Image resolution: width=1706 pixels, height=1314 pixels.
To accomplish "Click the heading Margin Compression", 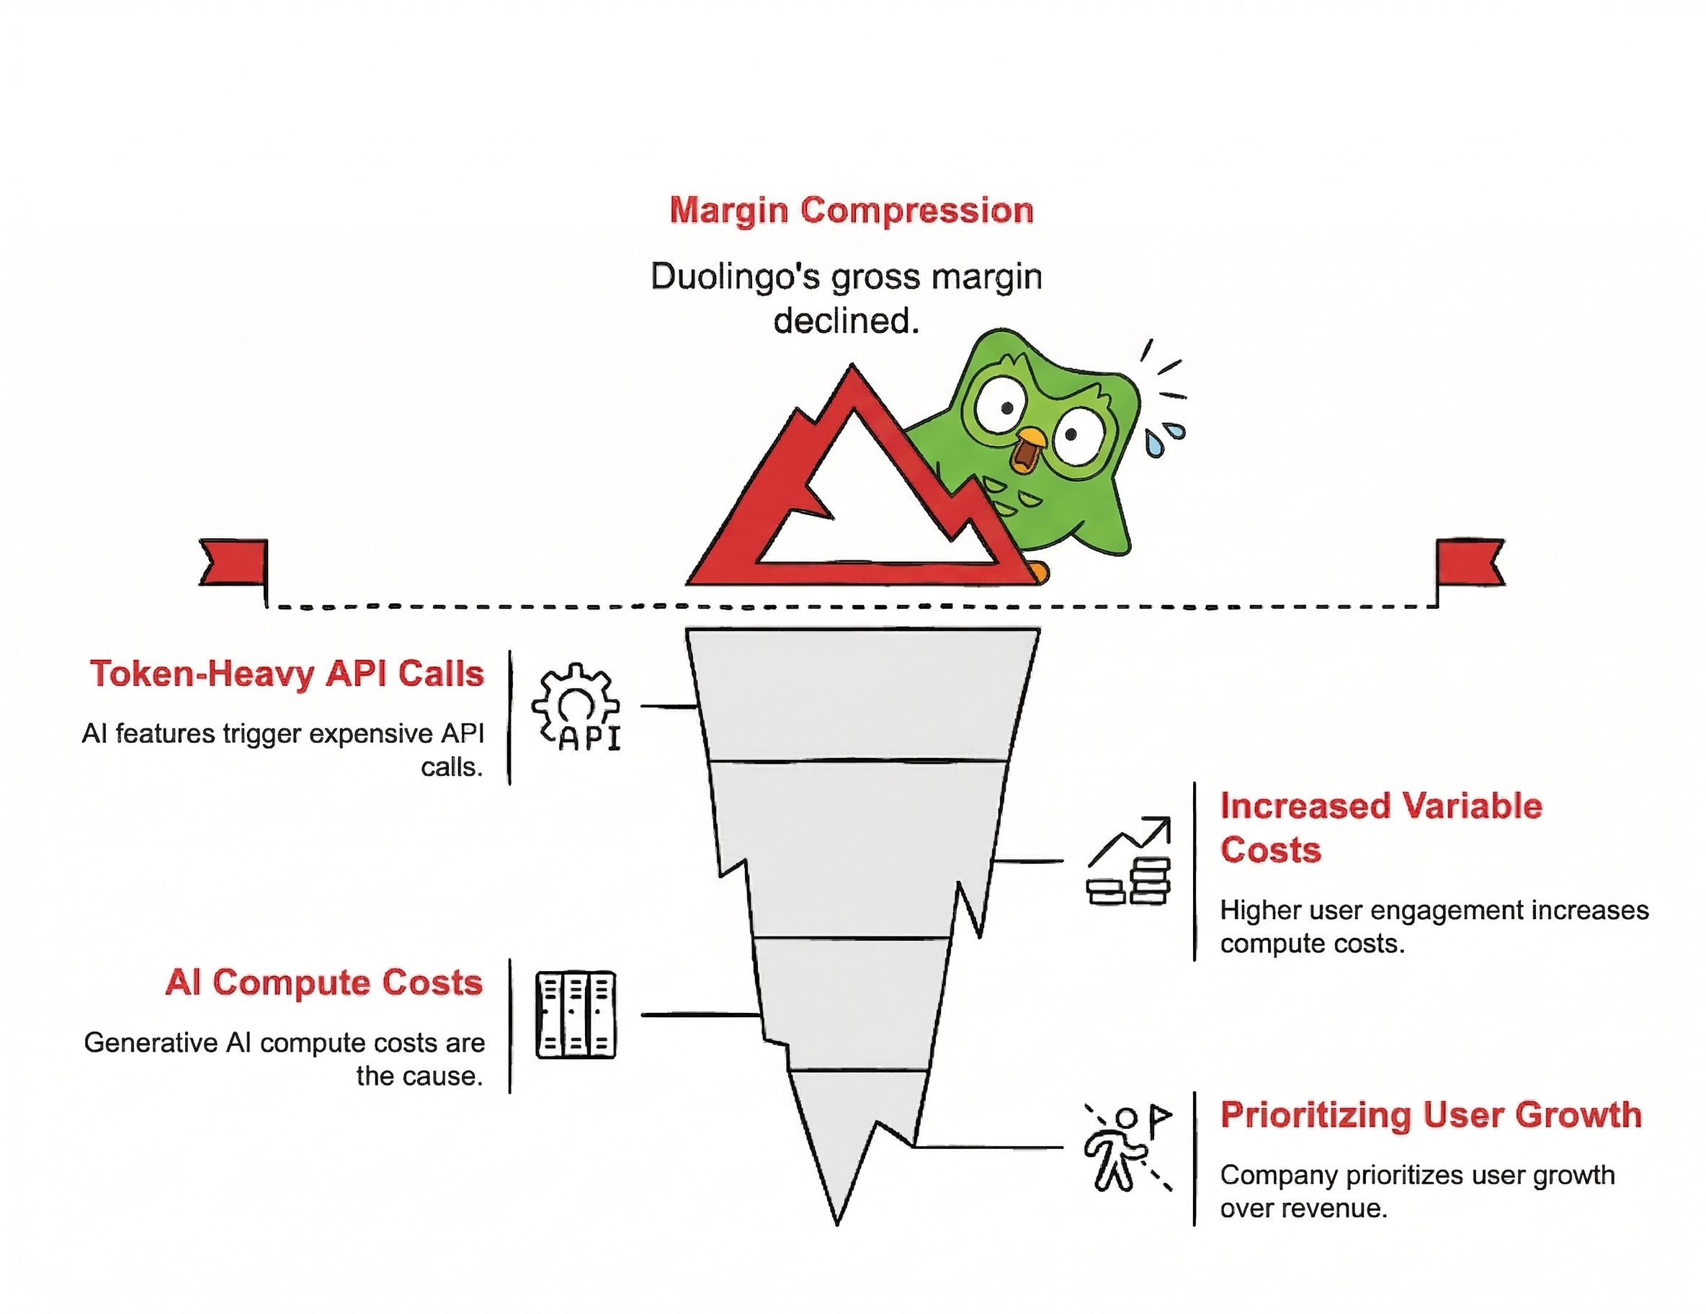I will pos(852,211).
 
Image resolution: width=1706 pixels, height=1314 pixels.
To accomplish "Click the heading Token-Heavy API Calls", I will pos(287,674).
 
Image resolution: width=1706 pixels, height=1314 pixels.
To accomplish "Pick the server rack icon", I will pos(576,1015).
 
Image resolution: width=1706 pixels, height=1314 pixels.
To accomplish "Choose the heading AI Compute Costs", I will pos(324,983).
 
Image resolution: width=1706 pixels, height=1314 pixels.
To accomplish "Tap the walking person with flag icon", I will pos(1126,1147).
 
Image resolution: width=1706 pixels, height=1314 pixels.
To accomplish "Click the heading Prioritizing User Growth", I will pos(1431,1114).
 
